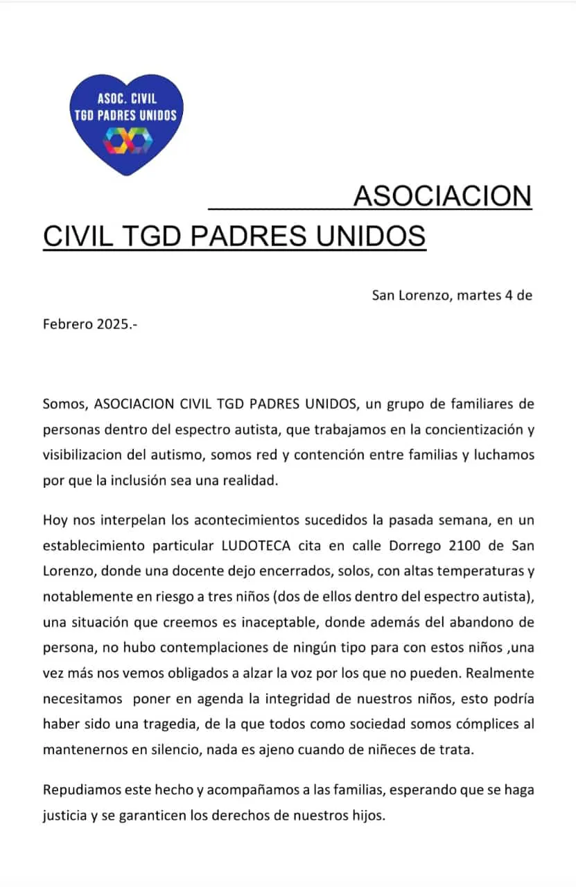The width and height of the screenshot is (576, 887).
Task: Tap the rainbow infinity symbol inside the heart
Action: (x=127, y=141)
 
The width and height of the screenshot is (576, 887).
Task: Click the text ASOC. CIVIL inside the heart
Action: (x=127, y=99)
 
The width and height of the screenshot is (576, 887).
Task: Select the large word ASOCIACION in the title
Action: (x=442, y=196)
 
